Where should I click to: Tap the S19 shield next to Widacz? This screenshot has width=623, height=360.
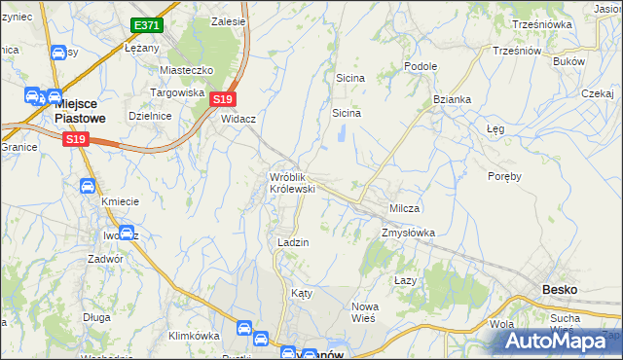coord(223,99)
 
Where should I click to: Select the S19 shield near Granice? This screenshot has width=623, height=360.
coord(78,140)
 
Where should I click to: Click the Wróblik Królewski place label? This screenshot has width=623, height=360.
coord(292,182)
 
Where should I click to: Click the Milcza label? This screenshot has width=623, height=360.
coord(404,209)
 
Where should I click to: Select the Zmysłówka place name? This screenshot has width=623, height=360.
coord(408,233)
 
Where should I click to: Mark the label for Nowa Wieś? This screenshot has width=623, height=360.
coord(364,312)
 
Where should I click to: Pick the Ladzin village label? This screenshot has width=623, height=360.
coord(293,243)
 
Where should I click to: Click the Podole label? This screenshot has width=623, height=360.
coord(421,66)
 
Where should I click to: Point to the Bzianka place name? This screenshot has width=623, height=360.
coord(453,99)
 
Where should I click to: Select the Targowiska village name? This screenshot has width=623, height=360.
coord(176,92)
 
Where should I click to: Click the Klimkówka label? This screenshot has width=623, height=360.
coord(193,336)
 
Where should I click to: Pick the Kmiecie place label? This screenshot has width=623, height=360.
coord(121,201)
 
